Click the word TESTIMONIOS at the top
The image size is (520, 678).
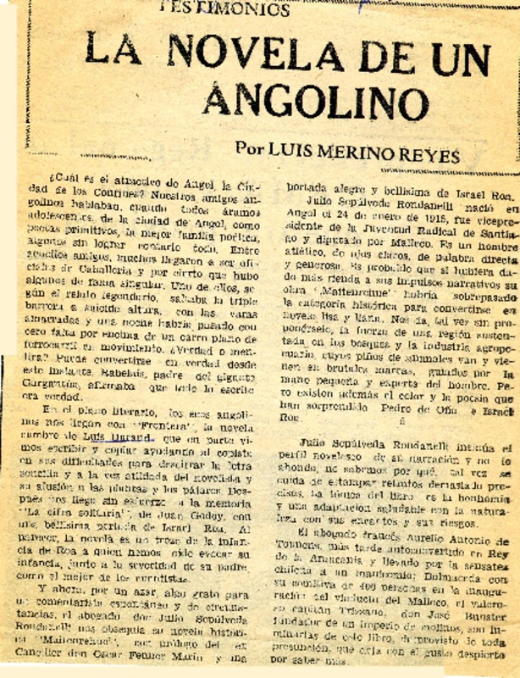coord(224,9)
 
